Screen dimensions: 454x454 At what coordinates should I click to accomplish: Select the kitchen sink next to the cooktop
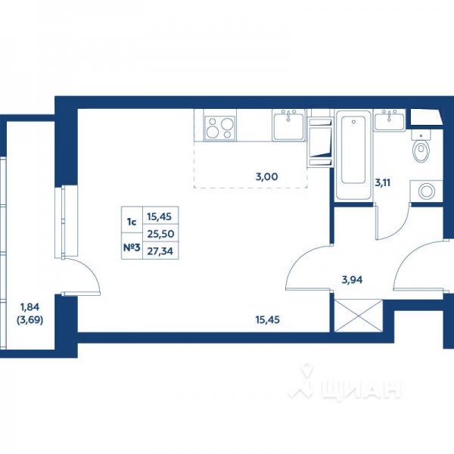click(288, 125)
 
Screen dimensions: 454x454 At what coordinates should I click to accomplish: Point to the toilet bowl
click(420, 149)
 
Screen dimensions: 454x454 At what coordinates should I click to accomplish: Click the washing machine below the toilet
click(424, 191)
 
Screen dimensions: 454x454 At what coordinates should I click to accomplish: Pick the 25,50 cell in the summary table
click(159, 235)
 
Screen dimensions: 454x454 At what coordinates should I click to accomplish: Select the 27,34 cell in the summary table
click(159, 251)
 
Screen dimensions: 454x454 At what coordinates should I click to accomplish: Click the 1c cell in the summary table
click(131, 222)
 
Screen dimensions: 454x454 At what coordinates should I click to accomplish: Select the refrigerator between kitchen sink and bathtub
click(320, 139)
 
